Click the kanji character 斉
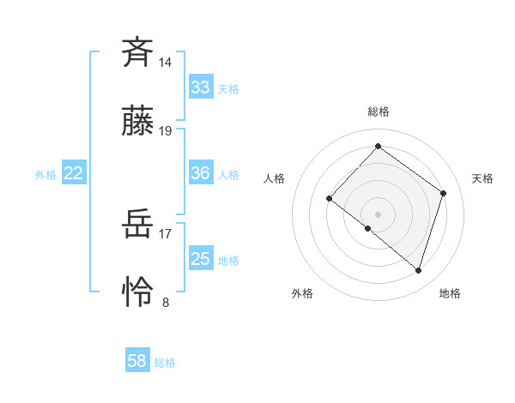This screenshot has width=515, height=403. tap(137, 52)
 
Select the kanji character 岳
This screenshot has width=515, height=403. tap(137, 226)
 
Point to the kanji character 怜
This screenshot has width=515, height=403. tap(137, 294)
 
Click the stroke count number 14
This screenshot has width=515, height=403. tap(166, 62)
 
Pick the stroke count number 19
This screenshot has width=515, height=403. tap(166, 131)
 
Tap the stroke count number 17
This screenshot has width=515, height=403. tap(166, 232)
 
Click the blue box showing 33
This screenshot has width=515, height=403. tap(201, 87)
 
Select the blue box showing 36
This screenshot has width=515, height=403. tap(201, 173)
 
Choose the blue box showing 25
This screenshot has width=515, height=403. tap(201, 259)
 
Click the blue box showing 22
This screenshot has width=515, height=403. tap(74, 173)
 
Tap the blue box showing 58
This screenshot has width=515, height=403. tap(137, 361)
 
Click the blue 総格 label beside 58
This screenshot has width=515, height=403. tap(165, 363)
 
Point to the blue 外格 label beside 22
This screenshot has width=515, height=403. tap(45, 175)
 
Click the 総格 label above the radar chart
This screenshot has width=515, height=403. tap(378, 111)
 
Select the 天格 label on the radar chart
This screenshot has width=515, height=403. tap(482, 178)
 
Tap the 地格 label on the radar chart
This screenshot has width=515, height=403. tap(450, 293)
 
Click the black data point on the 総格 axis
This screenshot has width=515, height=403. tap(378, 146)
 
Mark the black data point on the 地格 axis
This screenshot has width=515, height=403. tap(418, 271)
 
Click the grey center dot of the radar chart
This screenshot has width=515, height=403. tap(378, 214)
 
